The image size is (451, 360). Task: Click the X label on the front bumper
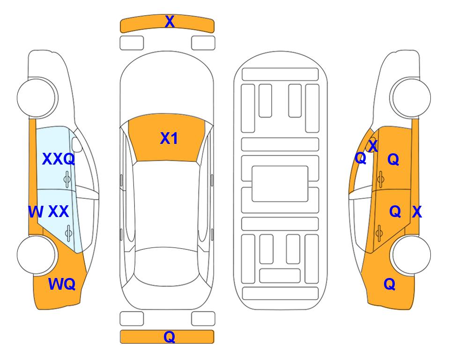point(170,22)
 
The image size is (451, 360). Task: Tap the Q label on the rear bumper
point(170,337)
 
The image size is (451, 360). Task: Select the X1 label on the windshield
point(169,138)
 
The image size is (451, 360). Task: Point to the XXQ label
point(59,159)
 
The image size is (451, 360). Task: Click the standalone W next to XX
point(36,212)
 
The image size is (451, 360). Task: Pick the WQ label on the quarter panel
point(62,284)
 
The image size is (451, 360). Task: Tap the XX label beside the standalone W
point(59,211)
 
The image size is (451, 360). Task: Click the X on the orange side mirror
point(373,145)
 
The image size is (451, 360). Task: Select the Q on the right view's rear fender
point(390,284)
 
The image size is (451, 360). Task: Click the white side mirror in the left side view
point(76,144)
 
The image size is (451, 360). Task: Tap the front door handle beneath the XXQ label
point(67,179)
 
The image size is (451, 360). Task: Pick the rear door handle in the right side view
point(379,233)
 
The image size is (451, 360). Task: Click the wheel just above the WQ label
point(37,255)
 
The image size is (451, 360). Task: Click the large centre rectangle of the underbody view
point(280,184)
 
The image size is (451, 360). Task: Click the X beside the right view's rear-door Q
point(417,212)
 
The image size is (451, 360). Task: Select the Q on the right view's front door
point(393,159)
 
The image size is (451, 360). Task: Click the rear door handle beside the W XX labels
point(69,233)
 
